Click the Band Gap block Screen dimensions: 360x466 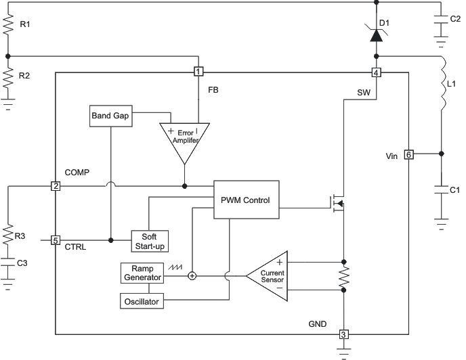click(x=110, y=116)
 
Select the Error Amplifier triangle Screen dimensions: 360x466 click(x=184, y=137)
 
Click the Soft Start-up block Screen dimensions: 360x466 click(x=149, y=240)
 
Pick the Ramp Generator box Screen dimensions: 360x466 click(x=142, y=273)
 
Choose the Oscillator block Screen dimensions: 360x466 click(x=142, y=300)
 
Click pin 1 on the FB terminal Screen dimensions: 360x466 click(x=198, y=72)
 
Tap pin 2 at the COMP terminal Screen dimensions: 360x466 click(x=56, y=186)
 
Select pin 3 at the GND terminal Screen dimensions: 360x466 click(x=343, y=334)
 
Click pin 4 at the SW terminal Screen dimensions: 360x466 click(x=376, y=72)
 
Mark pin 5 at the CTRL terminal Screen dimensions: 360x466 click(x=56, y=240)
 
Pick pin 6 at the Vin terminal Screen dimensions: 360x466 click(x=408, y=154)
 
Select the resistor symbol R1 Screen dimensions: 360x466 click(x=8, y=26)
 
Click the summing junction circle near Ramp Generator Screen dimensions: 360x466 click(x=192, y=275)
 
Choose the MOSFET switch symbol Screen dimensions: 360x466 click(x=337, y=202)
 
